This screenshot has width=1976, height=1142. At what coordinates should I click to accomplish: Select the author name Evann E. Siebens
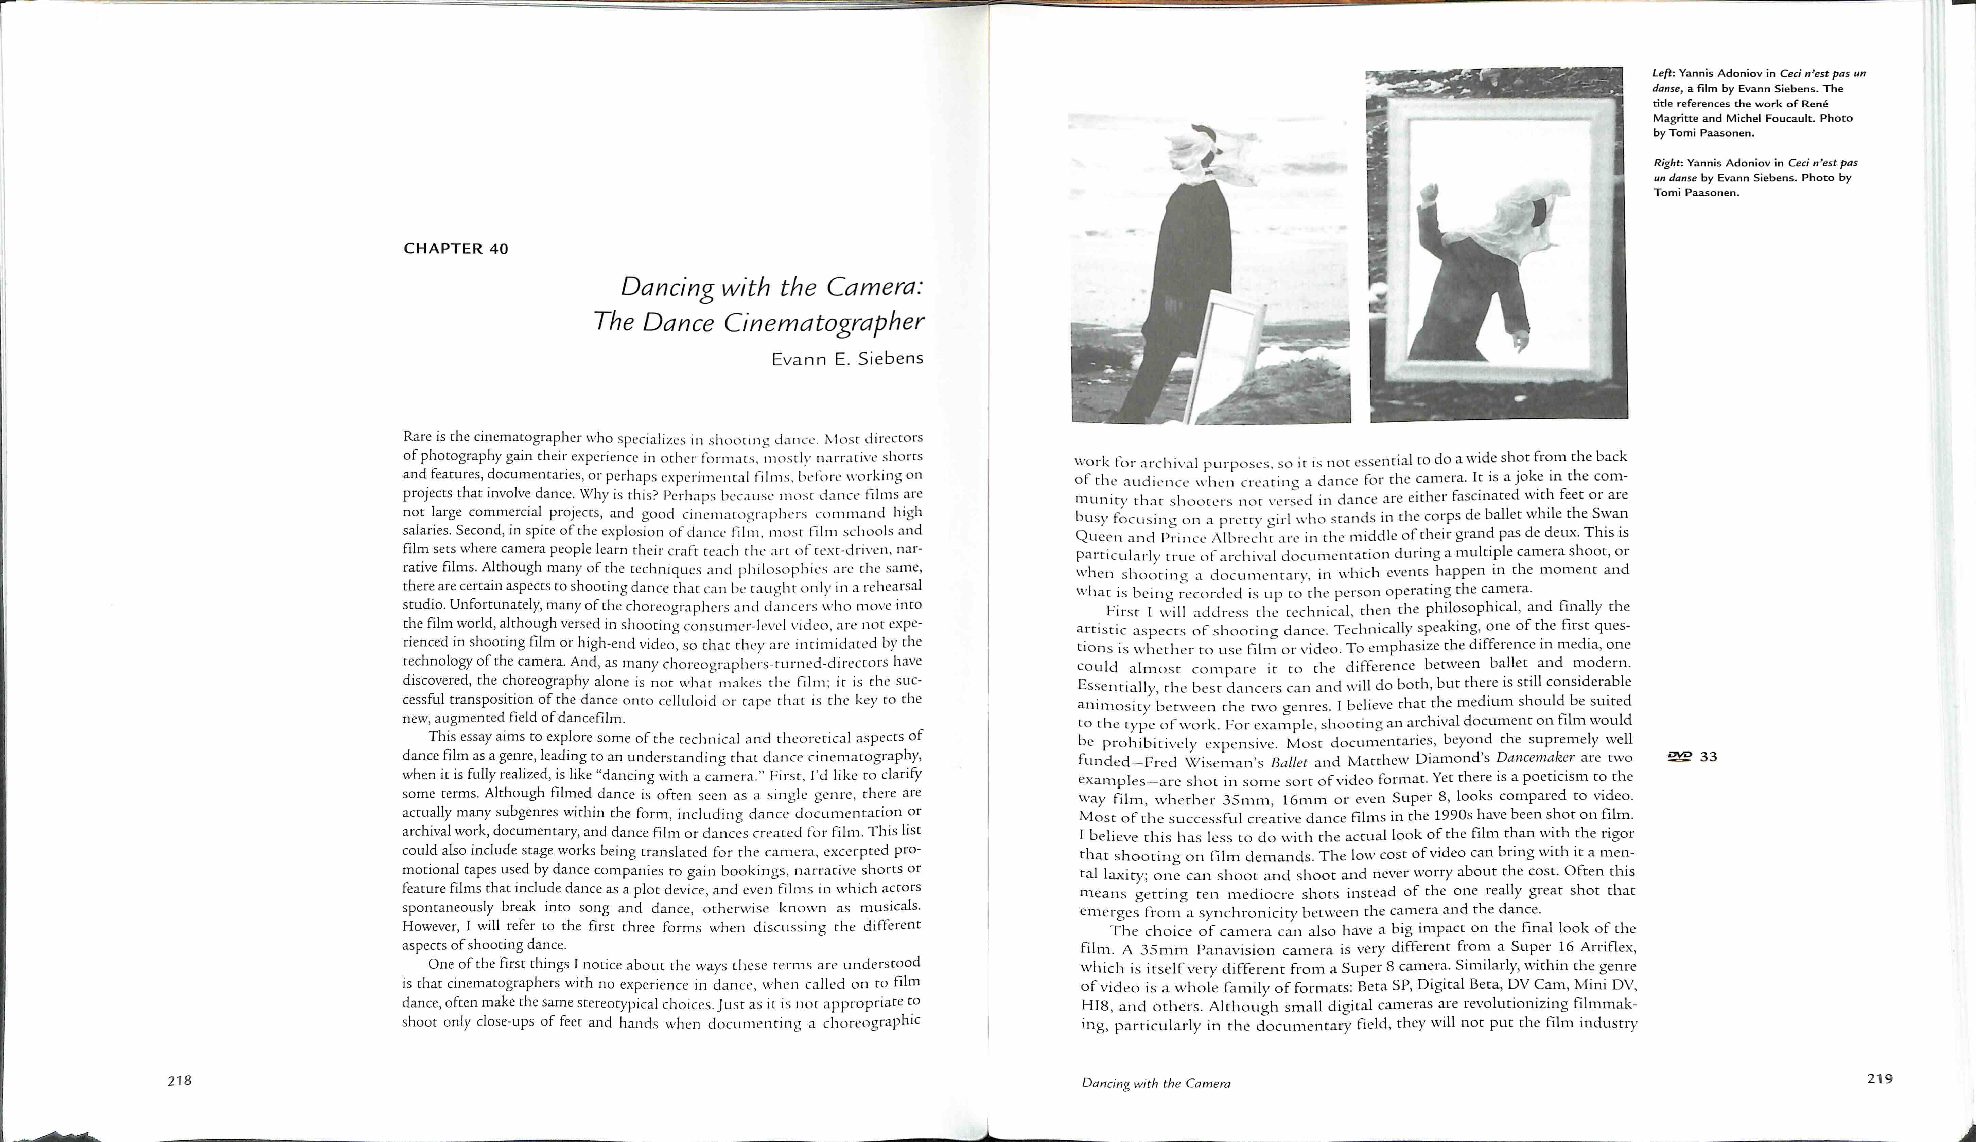point(847,359)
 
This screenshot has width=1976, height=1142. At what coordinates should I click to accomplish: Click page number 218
point(179,1080)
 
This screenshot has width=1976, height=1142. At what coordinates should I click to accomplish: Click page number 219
point(1879,1078)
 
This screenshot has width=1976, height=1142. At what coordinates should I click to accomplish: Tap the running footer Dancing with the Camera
point(1156,1083)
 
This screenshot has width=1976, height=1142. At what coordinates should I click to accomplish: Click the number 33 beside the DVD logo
point(1709,756)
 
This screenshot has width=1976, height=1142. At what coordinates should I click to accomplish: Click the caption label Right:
point(1668,163)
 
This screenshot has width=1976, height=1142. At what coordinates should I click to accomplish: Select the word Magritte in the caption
point(1676,119)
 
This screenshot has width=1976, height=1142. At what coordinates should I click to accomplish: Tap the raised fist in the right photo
point(1430,192)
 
